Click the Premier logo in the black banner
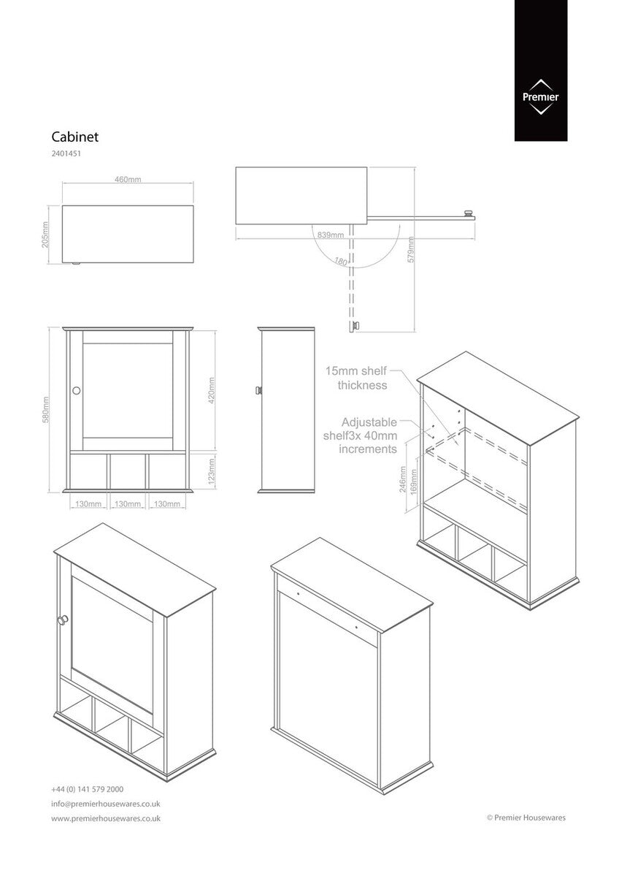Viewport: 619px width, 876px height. pos(540,96)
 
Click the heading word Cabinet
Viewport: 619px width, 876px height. pos(74,136)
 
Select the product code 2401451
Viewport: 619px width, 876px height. pos(66,154)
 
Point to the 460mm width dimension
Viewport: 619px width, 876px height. pos(128,180)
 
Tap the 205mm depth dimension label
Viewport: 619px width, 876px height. pos(45,235)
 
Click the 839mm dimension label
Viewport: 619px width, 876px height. pos(331,235)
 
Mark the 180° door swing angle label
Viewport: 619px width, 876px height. pos(340,260)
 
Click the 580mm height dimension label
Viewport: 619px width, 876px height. pos(46,409)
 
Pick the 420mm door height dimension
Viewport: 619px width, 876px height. pos(212,390)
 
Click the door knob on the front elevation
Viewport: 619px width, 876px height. pos(76,391)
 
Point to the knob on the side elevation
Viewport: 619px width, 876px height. pos(257,391)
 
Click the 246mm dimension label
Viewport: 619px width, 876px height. pos(402,480)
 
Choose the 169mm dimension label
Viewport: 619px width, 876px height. pos(414,484)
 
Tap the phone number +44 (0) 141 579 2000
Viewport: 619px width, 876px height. pos(87,789)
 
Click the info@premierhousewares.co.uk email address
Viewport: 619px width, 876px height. pos(106,804)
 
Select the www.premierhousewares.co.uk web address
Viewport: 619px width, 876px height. pos(106,818)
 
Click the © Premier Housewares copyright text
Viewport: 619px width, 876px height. pos(526,818)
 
